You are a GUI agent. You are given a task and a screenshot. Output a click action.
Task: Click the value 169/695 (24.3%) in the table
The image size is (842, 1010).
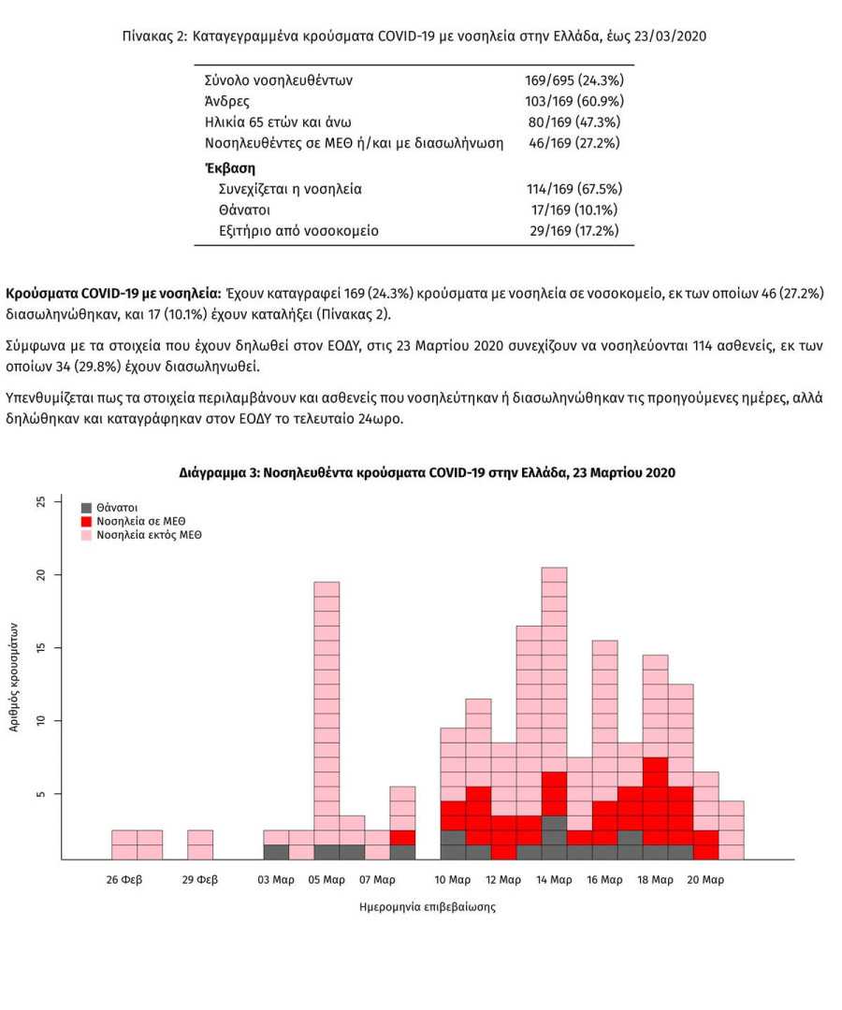click(x=574, y=80)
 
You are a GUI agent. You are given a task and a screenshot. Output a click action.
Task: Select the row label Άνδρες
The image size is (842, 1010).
click(x=226, y=101)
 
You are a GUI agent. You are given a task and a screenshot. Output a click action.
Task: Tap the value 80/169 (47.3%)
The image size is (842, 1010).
click(x=573, y=122)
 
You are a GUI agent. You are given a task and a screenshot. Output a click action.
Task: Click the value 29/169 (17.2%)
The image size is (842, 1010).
click(x=574, y=230)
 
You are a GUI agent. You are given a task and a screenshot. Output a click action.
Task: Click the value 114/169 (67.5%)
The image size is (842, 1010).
click(x=574, y=189)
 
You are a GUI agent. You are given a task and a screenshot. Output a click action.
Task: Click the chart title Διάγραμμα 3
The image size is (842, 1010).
click(x=427, y=473)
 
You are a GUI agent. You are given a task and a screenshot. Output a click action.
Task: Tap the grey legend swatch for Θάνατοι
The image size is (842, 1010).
click(x=86, y=507)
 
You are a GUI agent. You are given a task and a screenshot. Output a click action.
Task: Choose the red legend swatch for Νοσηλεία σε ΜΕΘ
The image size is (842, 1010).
click(x=86, y=521)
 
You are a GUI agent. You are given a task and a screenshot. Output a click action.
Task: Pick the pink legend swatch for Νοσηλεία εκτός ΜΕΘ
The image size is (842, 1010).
click(x=86, y=535)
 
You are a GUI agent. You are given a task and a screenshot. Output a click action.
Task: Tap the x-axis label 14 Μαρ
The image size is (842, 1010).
click(x=554, y=880)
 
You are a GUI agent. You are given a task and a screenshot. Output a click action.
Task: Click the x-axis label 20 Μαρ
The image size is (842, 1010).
click(x=705, y=880)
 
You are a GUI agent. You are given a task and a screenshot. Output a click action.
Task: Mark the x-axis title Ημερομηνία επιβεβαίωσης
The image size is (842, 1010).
click(x=427, y=907)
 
